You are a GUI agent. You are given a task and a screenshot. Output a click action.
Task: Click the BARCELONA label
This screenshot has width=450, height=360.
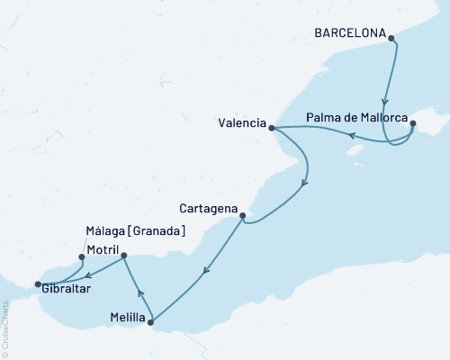[349, 34]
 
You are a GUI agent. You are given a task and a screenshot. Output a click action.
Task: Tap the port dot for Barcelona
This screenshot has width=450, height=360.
[391, 37]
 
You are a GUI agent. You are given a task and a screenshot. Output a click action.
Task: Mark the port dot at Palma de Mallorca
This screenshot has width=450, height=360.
[412, 124]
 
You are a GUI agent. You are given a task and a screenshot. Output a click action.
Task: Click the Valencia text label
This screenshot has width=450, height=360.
[241, 123]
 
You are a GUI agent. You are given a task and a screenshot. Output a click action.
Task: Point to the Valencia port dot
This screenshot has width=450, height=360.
[271, 128]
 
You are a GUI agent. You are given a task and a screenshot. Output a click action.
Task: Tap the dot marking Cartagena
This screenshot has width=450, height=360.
[243, 215]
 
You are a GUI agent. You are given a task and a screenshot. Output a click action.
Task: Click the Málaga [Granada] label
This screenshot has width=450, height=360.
[136, 231]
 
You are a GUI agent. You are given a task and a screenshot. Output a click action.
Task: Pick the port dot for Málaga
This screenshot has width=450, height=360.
[82, 256]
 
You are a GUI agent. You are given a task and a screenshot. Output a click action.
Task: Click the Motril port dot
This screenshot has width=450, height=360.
[123, 256]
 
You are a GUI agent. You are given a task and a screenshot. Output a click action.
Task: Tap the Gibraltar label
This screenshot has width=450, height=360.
[65, 289]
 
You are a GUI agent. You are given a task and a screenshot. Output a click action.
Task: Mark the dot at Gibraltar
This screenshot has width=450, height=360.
[37, 284]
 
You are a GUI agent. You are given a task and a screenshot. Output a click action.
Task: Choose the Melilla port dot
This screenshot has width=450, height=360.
[150, 321]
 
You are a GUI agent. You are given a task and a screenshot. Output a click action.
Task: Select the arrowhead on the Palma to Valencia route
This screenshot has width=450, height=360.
[353, 137]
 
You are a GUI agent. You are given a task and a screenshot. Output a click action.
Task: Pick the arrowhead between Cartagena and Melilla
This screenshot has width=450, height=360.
[209, 268]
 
